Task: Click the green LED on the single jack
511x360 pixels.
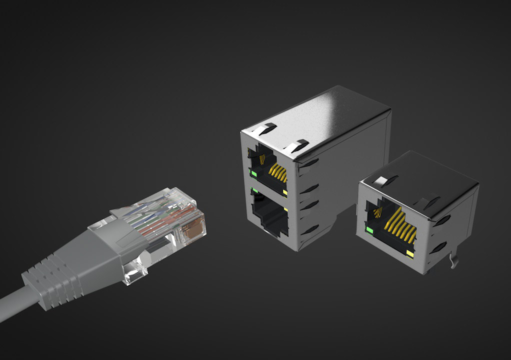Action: click(370, 230)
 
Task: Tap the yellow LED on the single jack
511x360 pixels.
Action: click(410, 255)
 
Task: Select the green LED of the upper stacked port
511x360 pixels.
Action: click(253, 174)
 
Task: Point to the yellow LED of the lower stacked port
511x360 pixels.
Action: click(285, 208)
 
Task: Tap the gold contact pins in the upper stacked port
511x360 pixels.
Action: click(278, 174)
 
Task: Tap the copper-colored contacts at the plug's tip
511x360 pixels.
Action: click(194, 228)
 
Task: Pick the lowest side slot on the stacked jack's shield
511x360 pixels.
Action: click(310, 230)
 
